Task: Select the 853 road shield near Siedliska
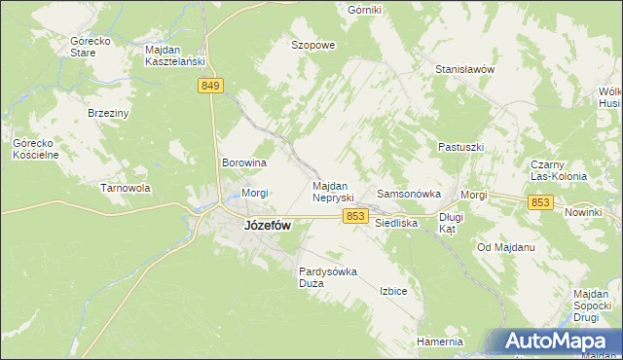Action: click(355, 216)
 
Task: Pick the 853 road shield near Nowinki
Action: click(541, 201)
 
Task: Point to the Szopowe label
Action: click(313, 45)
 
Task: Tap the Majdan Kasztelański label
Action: click(174, 54)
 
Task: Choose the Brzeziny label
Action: click(109, 113)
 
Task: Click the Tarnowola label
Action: click(127, 188)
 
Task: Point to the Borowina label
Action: click(244, 162)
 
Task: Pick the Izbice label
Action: click(393, 291)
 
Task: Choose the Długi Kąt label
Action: click(450, 224)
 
